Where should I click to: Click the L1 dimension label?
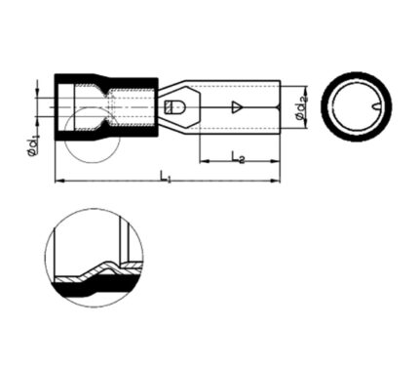tap(165, 178)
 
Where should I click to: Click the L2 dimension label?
tap(238, 157)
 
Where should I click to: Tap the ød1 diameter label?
tap(33, 146)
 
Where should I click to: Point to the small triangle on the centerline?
tap(237, 107)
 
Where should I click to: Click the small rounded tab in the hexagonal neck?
tap(174, 107)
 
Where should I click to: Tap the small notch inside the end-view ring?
tap(376, 106)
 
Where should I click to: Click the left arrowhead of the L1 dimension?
tap(59, 181)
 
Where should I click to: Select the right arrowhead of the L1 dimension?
tap(276, 181)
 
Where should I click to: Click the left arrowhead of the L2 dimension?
tap(204, 161)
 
